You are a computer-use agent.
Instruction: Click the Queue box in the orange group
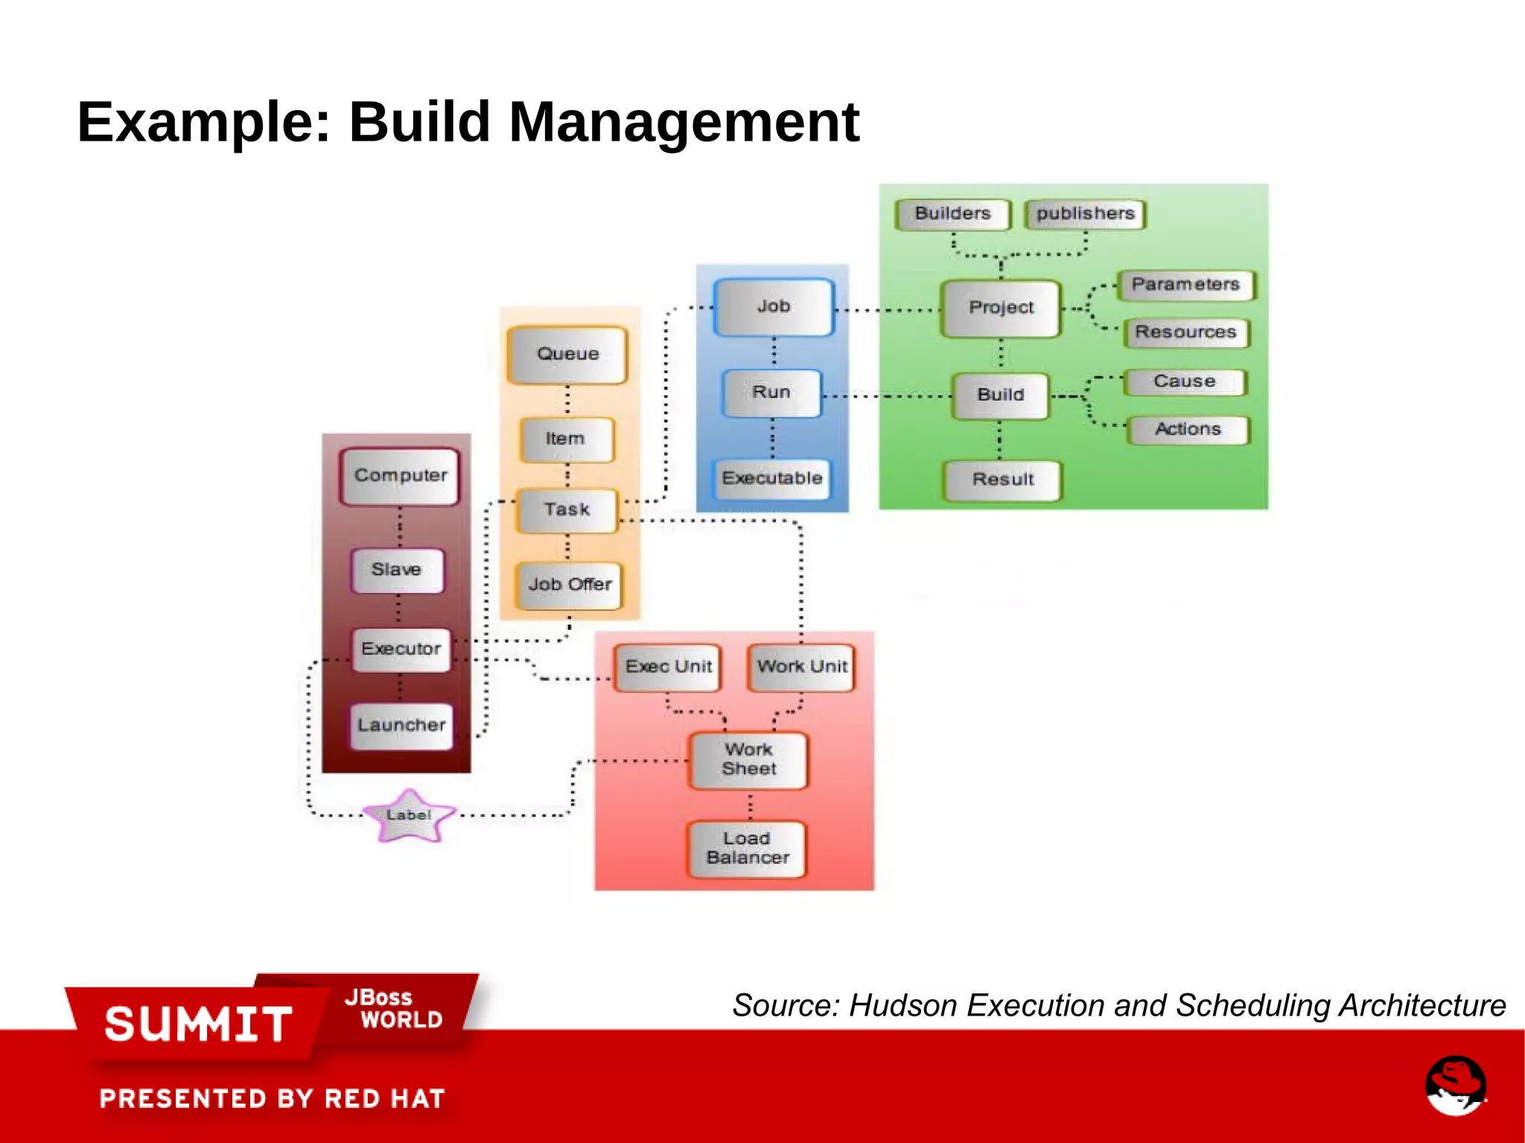567,354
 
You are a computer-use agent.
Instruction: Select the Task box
567,510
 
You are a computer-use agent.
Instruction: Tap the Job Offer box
570,585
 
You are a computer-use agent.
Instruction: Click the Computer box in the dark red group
400,476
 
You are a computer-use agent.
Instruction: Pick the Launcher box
401,725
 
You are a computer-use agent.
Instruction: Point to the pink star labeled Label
408,816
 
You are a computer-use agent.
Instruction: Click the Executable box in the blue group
772,478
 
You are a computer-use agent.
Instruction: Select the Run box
772,392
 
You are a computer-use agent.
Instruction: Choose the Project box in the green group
1001,308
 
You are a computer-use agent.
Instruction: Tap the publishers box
1085,214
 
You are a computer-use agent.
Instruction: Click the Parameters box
1185,284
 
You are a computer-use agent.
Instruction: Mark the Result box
1002,480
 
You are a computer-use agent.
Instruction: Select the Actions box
1188,430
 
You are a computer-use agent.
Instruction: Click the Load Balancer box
748,849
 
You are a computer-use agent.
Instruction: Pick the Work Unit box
802,667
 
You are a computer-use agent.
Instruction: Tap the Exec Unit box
668,667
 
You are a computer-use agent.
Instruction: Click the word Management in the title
684,122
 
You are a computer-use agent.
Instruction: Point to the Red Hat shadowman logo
1456,1085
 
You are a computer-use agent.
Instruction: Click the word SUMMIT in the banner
198,1024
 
